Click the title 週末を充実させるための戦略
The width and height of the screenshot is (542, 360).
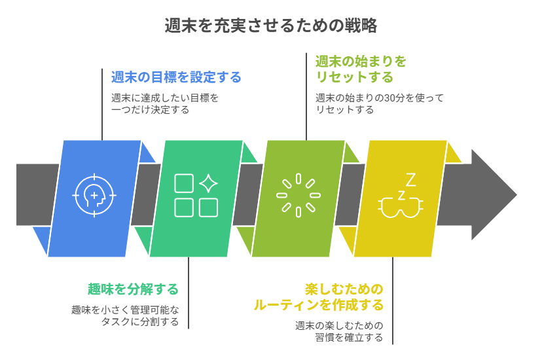coord(271,26)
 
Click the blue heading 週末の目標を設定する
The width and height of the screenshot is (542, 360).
coord(176,77)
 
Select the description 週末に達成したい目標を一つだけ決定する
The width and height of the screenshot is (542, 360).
coord(164,104)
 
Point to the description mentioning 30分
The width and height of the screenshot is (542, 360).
coord(379,104)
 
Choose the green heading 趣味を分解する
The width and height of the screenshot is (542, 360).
coord(134,289)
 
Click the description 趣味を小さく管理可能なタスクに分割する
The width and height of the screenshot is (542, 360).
coord(125,315)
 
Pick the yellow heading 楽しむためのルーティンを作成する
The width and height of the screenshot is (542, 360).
coord(319,297)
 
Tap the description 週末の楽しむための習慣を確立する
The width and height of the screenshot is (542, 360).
coord(339,331)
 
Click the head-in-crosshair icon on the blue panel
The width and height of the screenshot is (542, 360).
coord(95,195)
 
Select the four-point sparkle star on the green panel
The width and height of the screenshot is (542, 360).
coord(208,183)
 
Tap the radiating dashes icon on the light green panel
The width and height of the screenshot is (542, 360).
coord(298,195)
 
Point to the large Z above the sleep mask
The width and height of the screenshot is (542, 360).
coord(410,179)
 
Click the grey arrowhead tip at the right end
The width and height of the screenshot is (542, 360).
coord(515,194)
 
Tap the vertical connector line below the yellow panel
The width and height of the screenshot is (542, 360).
coord(393,301)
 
